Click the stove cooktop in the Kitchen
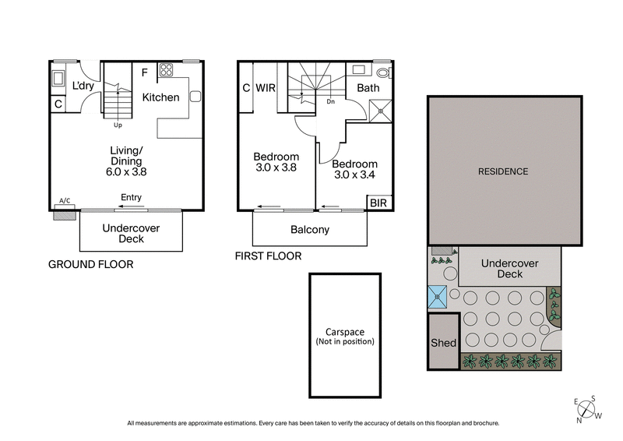click(166, 71)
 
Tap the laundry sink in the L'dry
click(58, 79)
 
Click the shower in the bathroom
click(380, 109)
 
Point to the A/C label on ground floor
click(65, 201)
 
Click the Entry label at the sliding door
click(132, 198)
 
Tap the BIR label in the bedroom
click(378, 203)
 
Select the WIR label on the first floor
click(267, 88)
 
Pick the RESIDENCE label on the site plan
click(503, 171)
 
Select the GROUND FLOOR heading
click(91, 264)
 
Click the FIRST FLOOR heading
click(269, 256)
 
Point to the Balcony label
click(309, 230)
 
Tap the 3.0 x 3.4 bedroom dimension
click(354, 177)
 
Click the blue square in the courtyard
click(438, 296)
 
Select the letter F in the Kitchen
click(144, 73)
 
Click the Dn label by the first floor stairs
click(330, 101)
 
